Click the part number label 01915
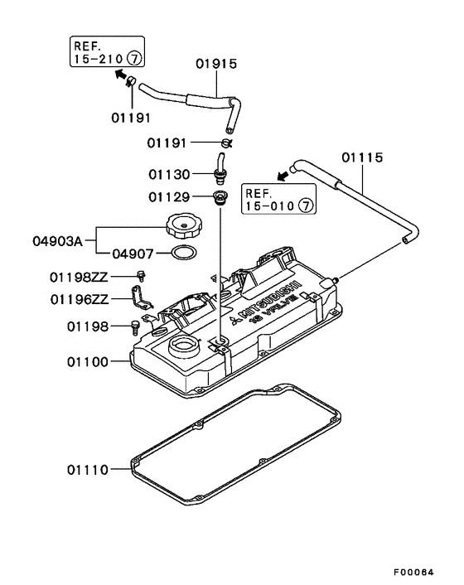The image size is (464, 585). tap(216, 63)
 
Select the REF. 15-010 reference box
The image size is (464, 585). tap(279, 200)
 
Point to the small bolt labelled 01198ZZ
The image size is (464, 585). tap(141, 275)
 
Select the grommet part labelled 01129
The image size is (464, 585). tap(220, 198)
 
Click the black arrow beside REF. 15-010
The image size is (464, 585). tap(283, 176)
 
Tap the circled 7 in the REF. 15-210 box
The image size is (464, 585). tap(135, 60)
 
